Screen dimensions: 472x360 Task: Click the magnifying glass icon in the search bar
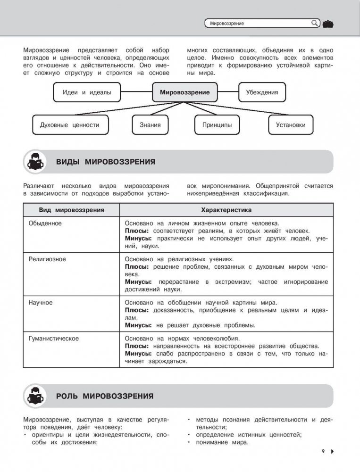click(315, 23)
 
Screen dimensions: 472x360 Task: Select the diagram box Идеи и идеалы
click(87, 92)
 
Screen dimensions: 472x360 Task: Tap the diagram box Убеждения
click(262, 92)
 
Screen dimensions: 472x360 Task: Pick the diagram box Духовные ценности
click(69, 125)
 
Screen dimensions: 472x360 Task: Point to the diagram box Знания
click(150, 125)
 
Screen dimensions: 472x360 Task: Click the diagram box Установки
click(291, 125)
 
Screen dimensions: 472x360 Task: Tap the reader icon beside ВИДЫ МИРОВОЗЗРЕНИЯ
click(36, 163)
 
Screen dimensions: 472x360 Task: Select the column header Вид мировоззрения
click(71, 209)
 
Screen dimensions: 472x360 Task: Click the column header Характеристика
click(226, 209)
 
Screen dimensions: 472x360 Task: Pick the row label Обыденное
click(45, 222)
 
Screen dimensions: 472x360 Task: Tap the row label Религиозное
click(47, 259)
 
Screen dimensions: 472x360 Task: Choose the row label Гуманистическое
click(53, 338)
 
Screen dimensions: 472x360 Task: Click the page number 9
click(324, 452)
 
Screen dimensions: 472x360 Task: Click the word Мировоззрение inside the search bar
click(227, 23)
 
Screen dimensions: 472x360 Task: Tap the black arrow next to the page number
click(332, 452)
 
